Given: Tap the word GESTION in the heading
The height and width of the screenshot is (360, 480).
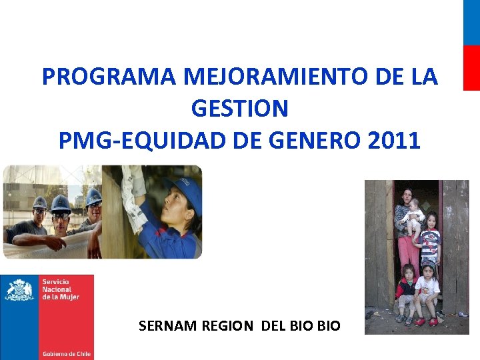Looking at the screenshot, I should [x=239, y=108].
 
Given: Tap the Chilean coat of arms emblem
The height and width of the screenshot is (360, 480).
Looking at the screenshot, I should [x=19, y=291].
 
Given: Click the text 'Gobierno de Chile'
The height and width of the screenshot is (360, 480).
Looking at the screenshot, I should [x=66, y=353].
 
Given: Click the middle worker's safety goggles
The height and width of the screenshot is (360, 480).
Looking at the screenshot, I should [x=61, y=215].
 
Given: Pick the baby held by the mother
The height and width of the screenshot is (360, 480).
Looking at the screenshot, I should [x=415, y=215].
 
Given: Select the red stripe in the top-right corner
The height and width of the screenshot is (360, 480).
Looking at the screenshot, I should [x=471, y=67].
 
